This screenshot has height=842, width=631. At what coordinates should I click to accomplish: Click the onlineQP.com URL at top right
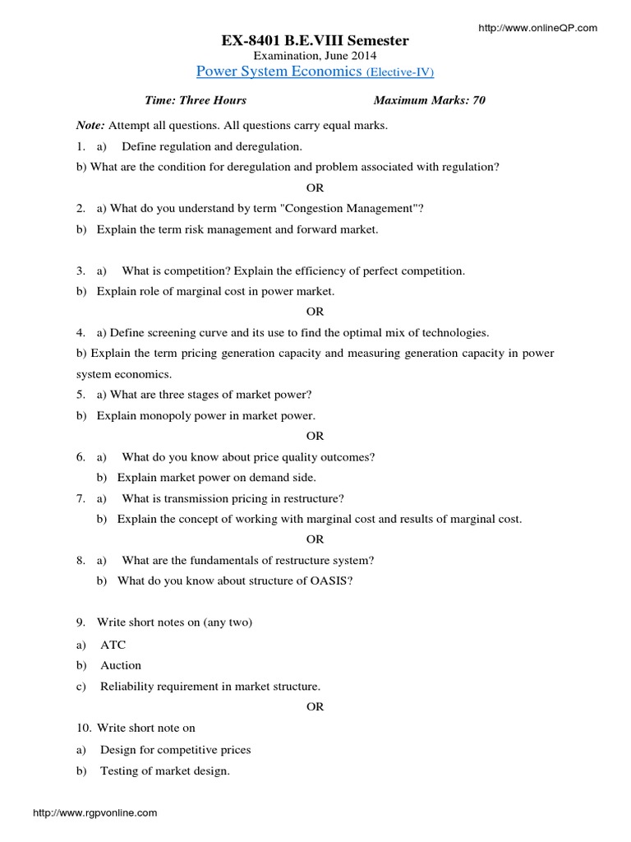click(x=537, y=28)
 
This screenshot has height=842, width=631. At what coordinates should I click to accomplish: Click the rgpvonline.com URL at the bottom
click(x=94, y=812)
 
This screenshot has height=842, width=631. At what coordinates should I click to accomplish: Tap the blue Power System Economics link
click(x=277, y=72)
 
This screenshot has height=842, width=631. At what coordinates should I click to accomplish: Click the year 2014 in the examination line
click(x=362, y=55)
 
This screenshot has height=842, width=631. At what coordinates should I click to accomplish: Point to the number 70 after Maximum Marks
click(x=478, y=100)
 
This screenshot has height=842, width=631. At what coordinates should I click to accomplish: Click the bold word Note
click(x=90, y=126)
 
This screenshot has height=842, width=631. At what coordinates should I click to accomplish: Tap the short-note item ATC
click(x=113, y=645)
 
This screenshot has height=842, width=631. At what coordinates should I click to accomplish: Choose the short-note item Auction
click(x=121, y=665)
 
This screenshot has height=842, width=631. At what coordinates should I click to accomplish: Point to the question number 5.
click(x=81, y=395)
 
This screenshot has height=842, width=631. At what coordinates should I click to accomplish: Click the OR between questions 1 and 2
click(x=315, y=187)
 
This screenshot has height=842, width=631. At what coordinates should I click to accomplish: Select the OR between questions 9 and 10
click(x=315, y=706)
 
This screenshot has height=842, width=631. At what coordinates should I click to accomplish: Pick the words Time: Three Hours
click(x=196, y=100)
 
